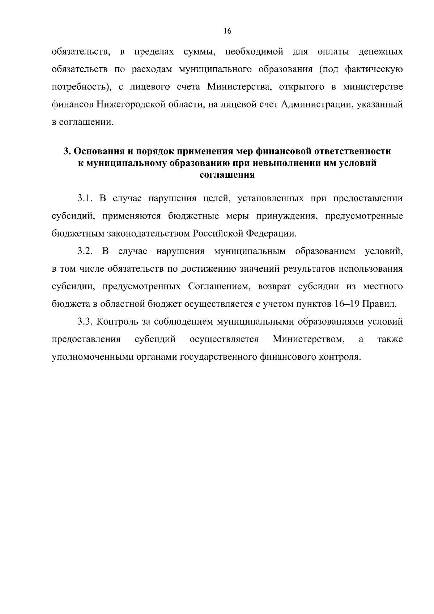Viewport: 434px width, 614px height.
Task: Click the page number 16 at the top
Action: click(x=227, y=31)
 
